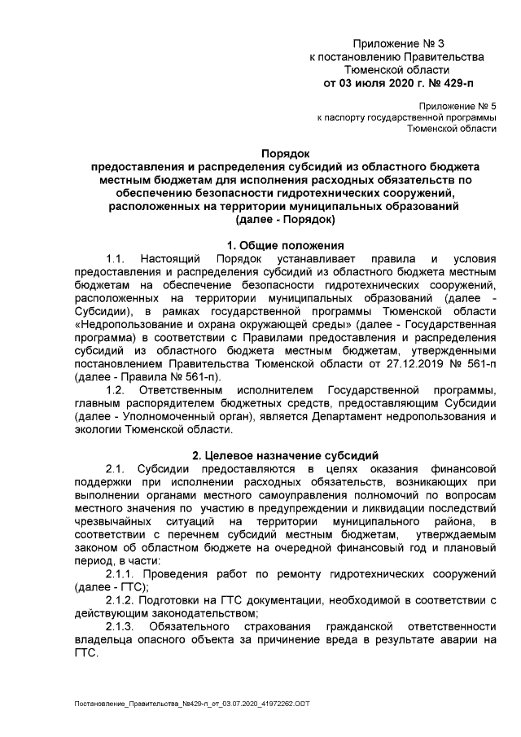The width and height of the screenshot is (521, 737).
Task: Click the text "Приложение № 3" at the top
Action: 399,42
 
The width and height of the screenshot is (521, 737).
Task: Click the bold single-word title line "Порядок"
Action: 285,152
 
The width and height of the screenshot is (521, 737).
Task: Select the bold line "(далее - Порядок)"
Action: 285,220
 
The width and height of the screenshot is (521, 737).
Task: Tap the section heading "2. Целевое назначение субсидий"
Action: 285,454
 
